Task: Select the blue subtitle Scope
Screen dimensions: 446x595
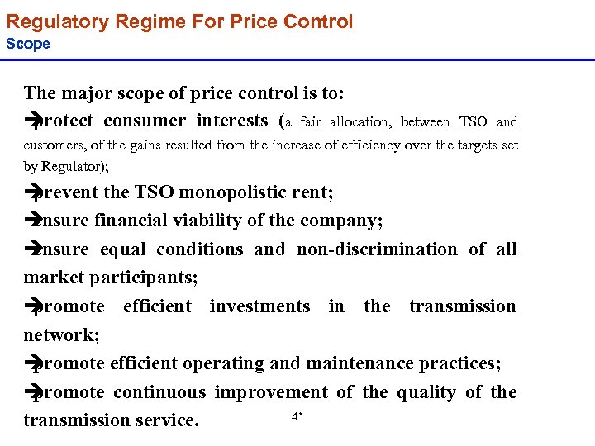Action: click(28, 44)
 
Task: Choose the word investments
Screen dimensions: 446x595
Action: click(259, 306)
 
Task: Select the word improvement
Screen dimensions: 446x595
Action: click(271, 392)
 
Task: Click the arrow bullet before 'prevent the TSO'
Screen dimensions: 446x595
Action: click(32, 193)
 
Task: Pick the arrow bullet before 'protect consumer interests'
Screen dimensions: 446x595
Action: click(32, 121)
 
